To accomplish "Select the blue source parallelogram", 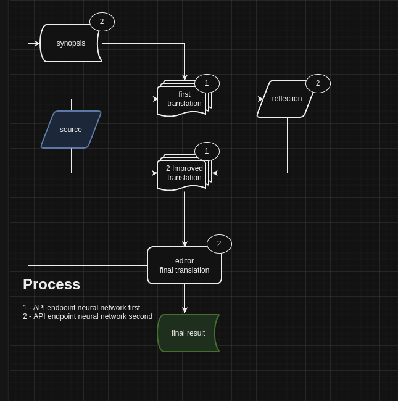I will [71, 130].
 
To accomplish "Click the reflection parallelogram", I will [286, 99].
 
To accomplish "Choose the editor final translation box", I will [184, 265].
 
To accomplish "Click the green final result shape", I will [188, 333].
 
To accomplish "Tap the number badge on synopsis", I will [102, 22].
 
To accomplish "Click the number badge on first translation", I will [207, 83].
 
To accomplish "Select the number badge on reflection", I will [318, 83].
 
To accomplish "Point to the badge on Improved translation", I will [207, 151].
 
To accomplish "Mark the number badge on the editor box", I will [219, 244].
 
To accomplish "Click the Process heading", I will [51, 284].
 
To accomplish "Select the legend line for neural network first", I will [81, 308].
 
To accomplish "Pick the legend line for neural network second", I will [88, 316].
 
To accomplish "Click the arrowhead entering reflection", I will [260, 99].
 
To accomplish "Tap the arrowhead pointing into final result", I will [184, 310].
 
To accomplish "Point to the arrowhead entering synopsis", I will [37, 43].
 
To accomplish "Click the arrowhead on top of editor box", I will [184, 244].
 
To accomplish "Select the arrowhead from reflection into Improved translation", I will [215, 173].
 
